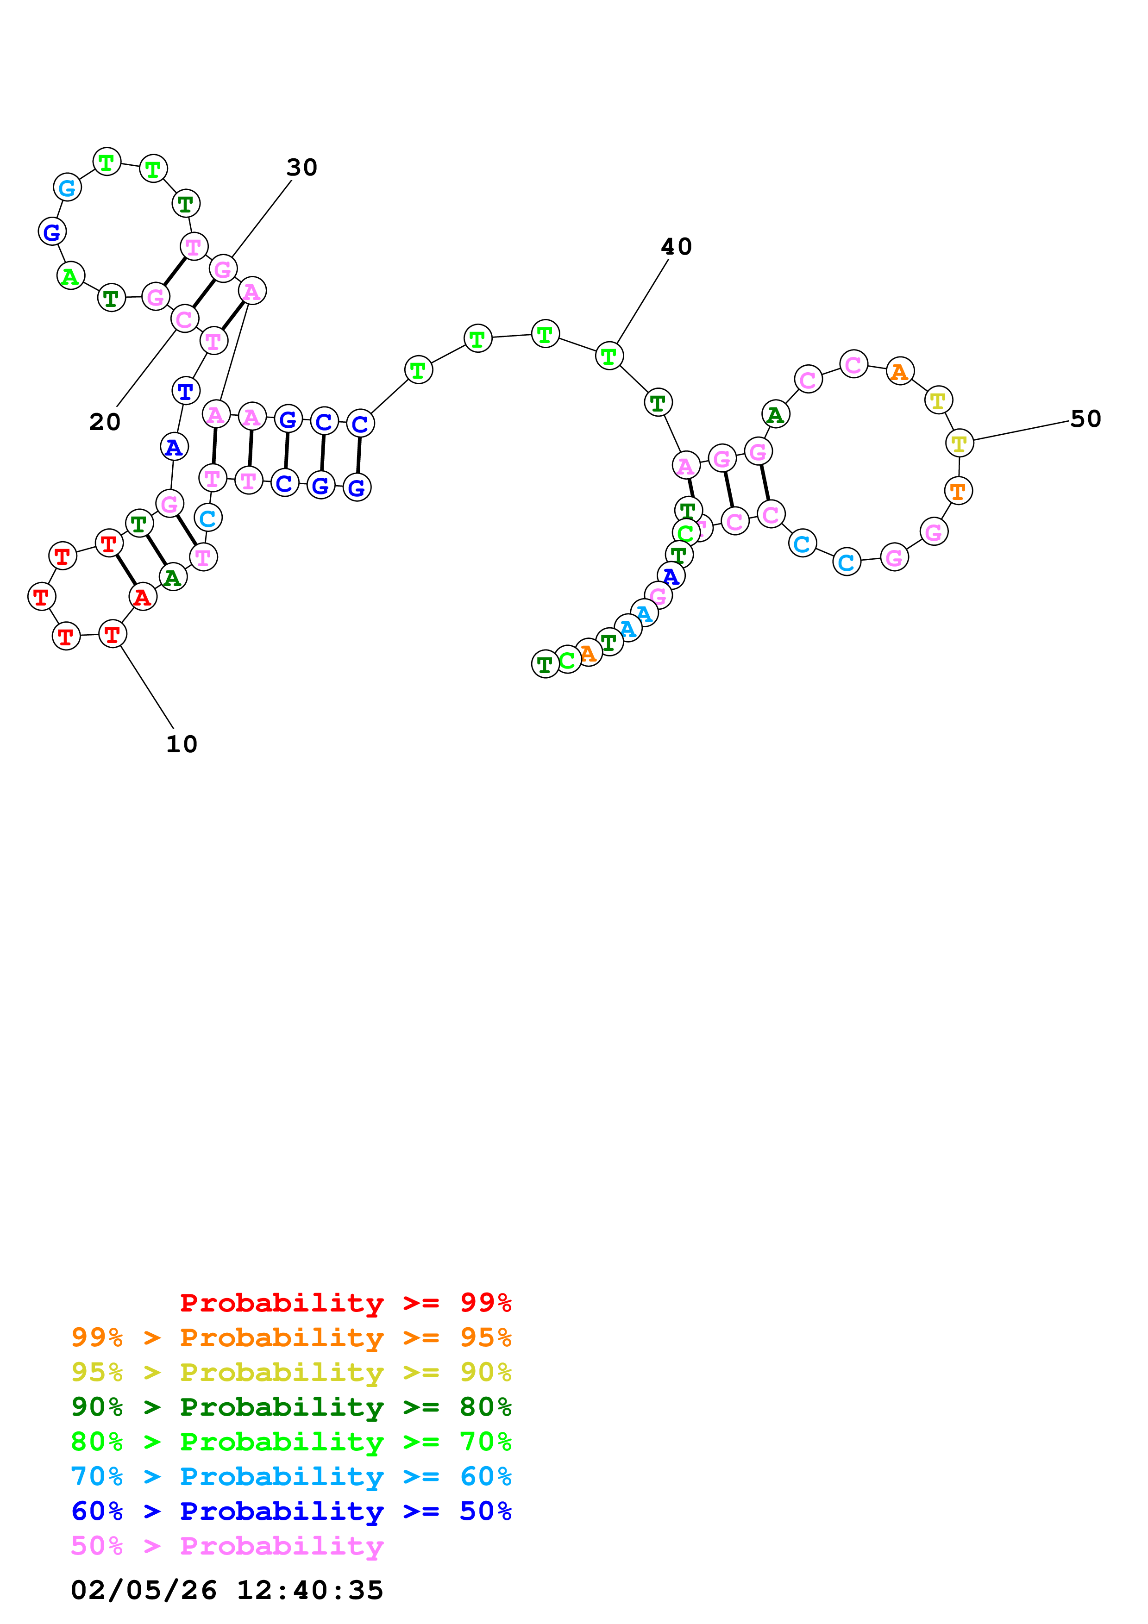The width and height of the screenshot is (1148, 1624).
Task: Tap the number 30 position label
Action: (301, 168)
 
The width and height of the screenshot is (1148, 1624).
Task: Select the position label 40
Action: (676, 247)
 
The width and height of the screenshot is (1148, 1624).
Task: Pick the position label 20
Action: (105, 422)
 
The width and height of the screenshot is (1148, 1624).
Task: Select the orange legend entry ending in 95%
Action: (291, 1337)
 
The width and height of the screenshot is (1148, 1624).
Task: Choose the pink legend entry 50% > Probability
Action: (226, 1545)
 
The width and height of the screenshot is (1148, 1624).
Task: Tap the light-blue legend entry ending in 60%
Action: (291, 1476)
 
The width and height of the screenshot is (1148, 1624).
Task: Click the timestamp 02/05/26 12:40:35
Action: (226, 1590)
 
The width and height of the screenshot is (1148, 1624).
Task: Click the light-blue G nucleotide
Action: (67, 188)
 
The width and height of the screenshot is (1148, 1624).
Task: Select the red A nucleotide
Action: (143, 598)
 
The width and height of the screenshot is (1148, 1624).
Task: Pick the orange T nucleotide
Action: (958, 491)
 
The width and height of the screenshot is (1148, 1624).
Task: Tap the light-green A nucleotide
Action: (70, 276)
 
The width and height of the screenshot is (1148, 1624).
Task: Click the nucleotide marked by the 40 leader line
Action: (609, 356)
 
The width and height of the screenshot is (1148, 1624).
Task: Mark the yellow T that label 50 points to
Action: (959, 443)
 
